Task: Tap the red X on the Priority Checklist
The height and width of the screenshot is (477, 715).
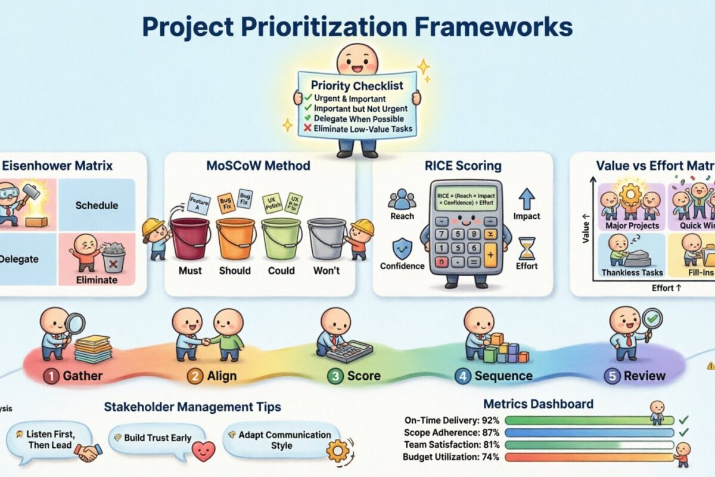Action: tap(307, 129)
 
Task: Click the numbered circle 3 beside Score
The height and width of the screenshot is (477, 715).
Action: tap(335, 376)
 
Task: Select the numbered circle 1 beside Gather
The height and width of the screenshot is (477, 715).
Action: tap(51, 376)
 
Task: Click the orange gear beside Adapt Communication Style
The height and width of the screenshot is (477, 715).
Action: tap(338, 451)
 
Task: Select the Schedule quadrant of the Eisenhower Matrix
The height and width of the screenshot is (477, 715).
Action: tap(97, 205)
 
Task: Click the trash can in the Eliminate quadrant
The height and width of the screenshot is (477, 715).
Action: tap(113, 260)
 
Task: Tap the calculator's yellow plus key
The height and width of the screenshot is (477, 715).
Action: tap(490, 256)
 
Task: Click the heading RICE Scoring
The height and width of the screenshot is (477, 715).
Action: tap(462, 166)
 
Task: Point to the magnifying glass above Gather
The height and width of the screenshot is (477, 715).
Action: tap(74, 324)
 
